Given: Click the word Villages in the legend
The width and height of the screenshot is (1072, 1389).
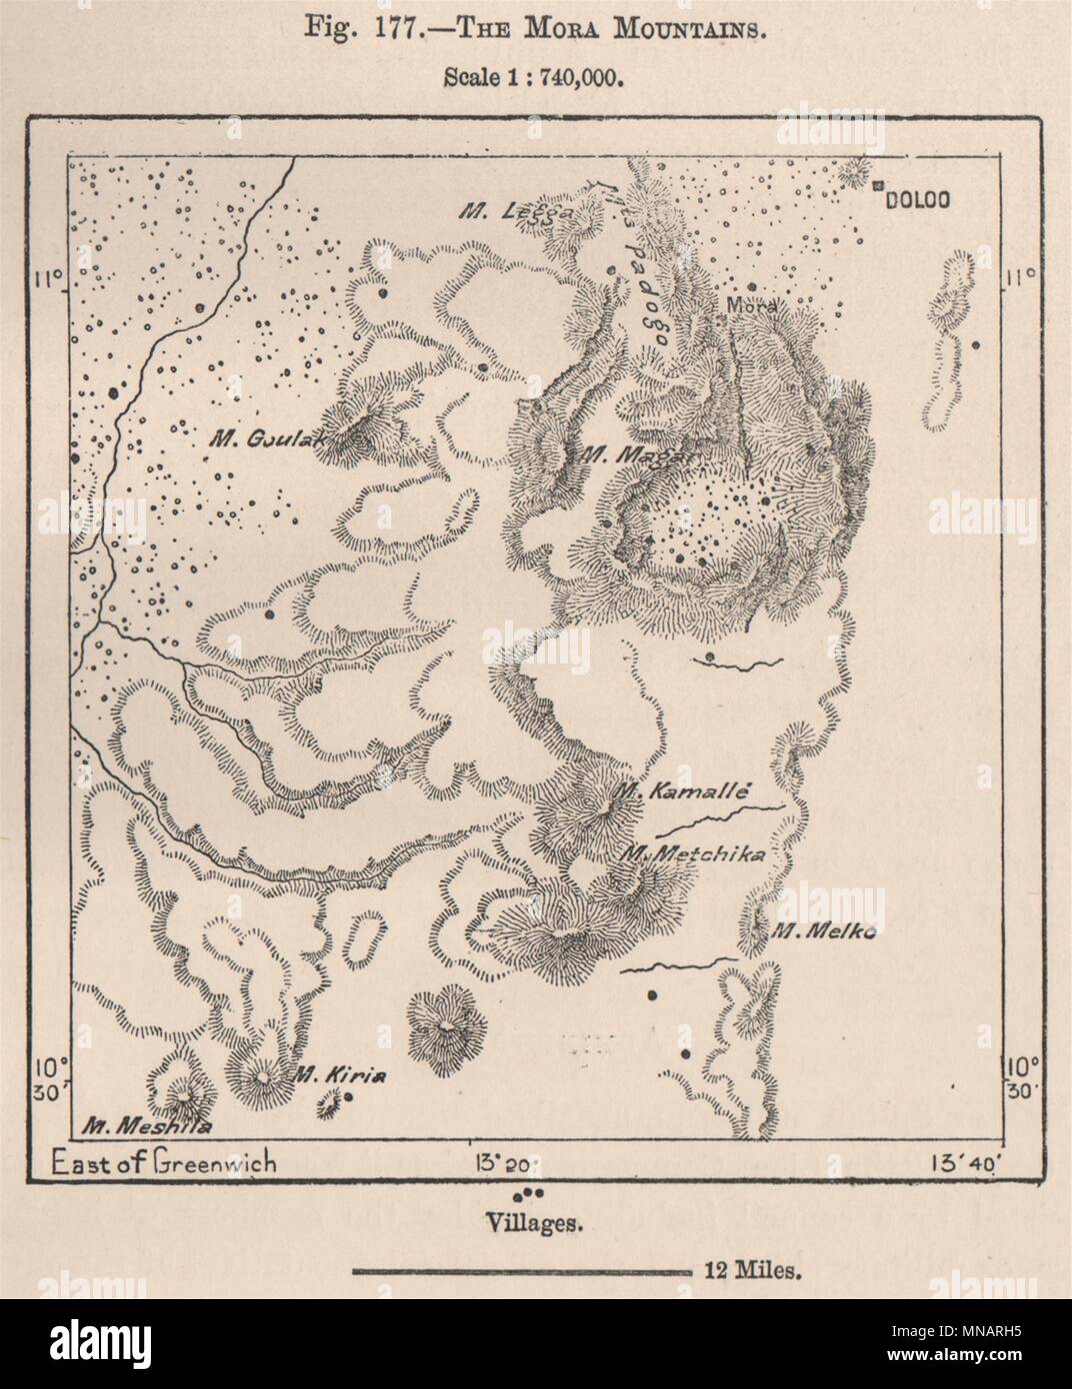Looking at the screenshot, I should pos(530,1221).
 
